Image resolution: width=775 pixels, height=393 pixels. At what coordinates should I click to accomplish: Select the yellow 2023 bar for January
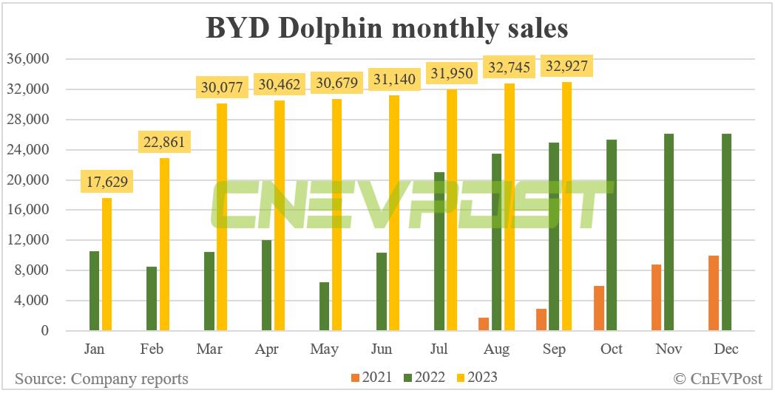click(x=107, y=264)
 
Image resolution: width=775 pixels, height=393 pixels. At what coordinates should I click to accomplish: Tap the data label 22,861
click(x=165, y=140)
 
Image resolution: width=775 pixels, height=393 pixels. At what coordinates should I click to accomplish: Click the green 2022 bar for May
click(x=325, y=306)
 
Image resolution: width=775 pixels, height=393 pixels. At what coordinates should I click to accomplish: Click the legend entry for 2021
click(x=368, y=377)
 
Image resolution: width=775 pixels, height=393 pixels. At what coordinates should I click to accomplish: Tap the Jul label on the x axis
click(x=439, y=349)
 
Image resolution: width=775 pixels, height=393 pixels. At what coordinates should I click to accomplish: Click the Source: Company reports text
click(x=101, y=379)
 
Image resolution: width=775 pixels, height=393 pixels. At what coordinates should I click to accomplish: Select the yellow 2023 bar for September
click(x=567, y=206)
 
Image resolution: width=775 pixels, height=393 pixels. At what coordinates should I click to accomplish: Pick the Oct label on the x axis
click(x=612, y=349)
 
